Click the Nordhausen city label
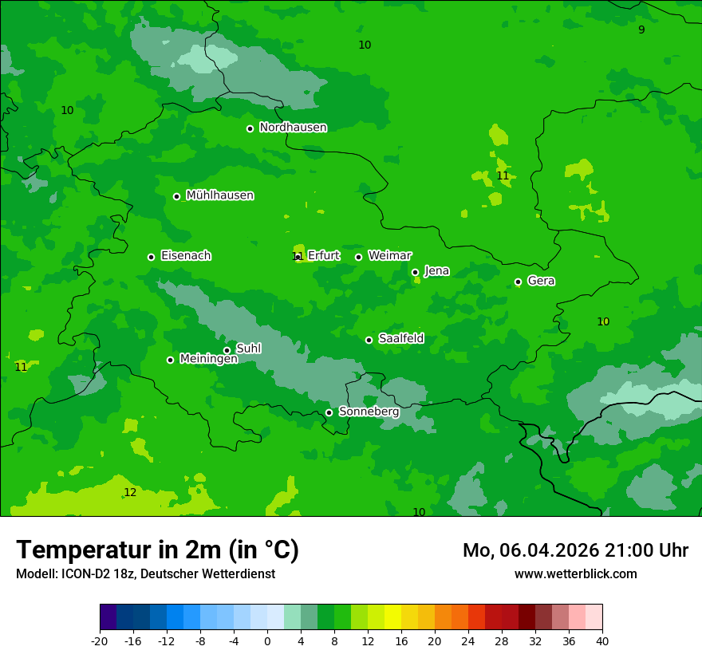[x=293, y=128]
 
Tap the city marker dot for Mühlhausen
[x=177, y=196]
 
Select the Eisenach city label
[x=186, y=256]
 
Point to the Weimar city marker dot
[x=358, y=257]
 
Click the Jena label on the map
[x=436, y=271]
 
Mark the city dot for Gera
[x=518, y=282]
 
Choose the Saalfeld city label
[x=400, y=339]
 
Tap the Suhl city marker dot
[x=227, y=350]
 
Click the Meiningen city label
[x=208, y=359]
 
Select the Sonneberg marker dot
[x=329, y=412]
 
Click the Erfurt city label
[x=323, y=256]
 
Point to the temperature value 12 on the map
[x=130, y=493]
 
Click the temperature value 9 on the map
[x=641, y=30]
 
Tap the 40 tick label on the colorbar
[x=601, y=641]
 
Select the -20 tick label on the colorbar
[x=99, y=641]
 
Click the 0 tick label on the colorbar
[x=267, y=641]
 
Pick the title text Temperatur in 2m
[x=157, y=550]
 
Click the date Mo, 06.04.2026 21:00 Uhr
[x=575, y=550]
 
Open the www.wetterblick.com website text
[x=575, y=573]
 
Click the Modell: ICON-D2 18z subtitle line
[x=145, y=573]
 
